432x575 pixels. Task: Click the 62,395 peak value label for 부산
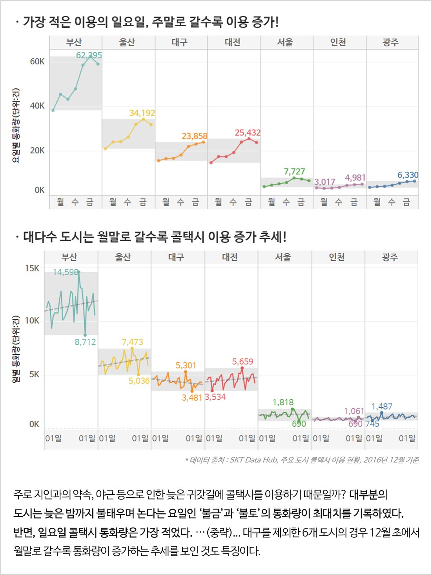(x=89, y=55)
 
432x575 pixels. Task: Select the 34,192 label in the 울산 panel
(x=142, y=113)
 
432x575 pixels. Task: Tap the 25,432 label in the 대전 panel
(x=248, y=133)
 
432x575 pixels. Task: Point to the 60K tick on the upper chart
(x=37, y=61)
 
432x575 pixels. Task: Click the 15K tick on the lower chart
(x=32, y=268)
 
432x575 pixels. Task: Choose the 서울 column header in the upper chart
(x=285, y=42)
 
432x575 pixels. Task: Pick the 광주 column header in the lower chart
(x=390, y=257)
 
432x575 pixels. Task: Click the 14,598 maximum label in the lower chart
(x=66, y=272)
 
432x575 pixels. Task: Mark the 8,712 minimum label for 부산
(x=85, y=342)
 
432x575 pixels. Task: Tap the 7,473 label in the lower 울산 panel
(x=132, y=342)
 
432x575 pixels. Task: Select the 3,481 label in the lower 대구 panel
(x=192, y=397)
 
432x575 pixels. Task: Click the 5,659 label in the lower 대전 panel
(x=242, y=361)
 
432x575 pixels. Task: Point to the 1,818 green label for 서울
(x=283, y=402)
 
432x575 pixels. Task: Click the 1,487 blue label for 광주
(x=382, y=407)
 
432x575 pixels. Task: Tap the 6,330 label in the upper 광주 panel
(x=408, y=175)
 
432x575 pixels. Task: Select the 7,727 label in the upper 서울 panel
(x=294, y=171)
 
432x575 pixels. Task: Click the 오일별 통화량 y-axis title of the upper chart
(x=16, y=126)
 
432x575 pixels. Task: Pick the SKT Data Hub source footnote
(x=301, y=460)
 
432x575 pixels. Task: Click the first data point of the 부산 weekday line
(x=53, y=110)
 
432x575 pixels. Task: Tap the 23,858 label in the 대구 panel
(x=194, y=136)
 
